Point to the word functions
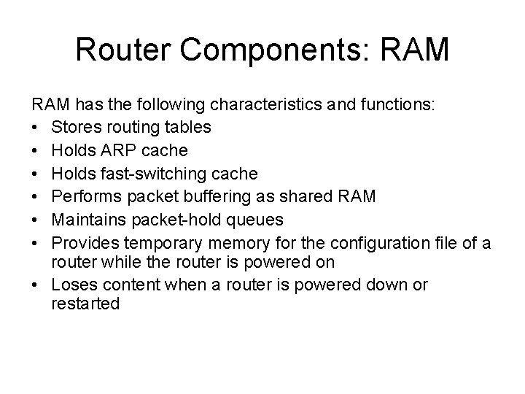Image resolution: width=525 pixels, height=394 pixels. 390,104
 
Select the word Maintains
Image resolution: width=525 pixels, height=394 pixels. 85,220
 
